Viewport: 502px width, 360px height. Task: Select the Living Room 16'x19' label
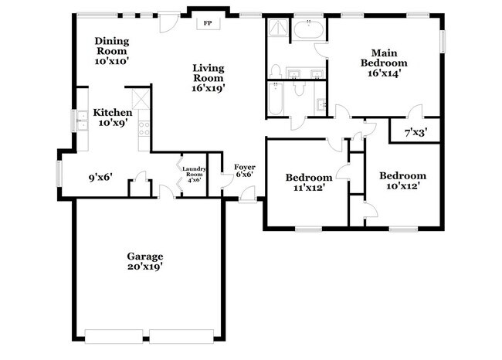tap(209, 78)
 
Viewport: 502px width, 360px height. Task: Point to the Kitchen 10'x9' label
tap(113, 117)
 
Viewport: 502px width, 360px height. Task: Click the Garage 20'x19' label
tap(145, 261)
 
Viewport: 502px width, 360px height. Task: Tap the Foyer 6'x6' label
tap(244, 170)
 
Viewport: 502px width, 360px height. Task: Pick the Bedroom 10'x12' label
tap(402, 180)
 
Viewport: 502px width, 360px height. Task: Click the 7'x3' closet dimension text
tap(416, 133)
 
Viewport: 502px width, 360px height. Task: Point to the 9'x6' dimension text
tap(101, 177)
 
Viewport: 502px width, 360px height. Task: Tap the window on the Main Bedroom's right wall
tap(443, 39)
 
